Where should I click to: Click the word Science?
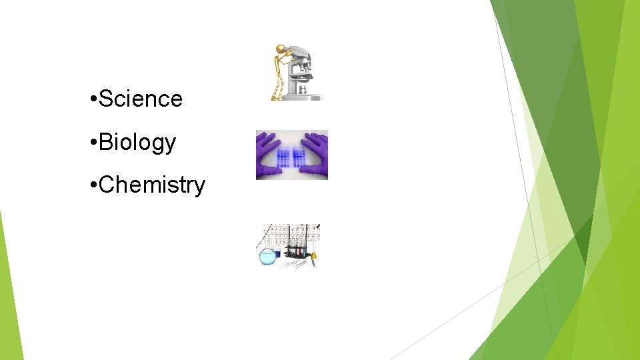point(140,99)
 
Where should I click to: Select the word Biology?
point(137,142)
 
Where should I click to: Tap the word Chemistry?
point(151,185)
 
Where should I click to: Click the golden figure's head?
point(281,49)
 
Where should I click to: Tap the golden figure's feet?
point(276,97)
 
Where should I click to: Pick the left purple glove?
point(268,155)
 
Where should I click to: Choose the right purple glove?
point(316,155)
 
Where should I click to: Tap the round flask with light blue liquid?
point(269,256)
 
